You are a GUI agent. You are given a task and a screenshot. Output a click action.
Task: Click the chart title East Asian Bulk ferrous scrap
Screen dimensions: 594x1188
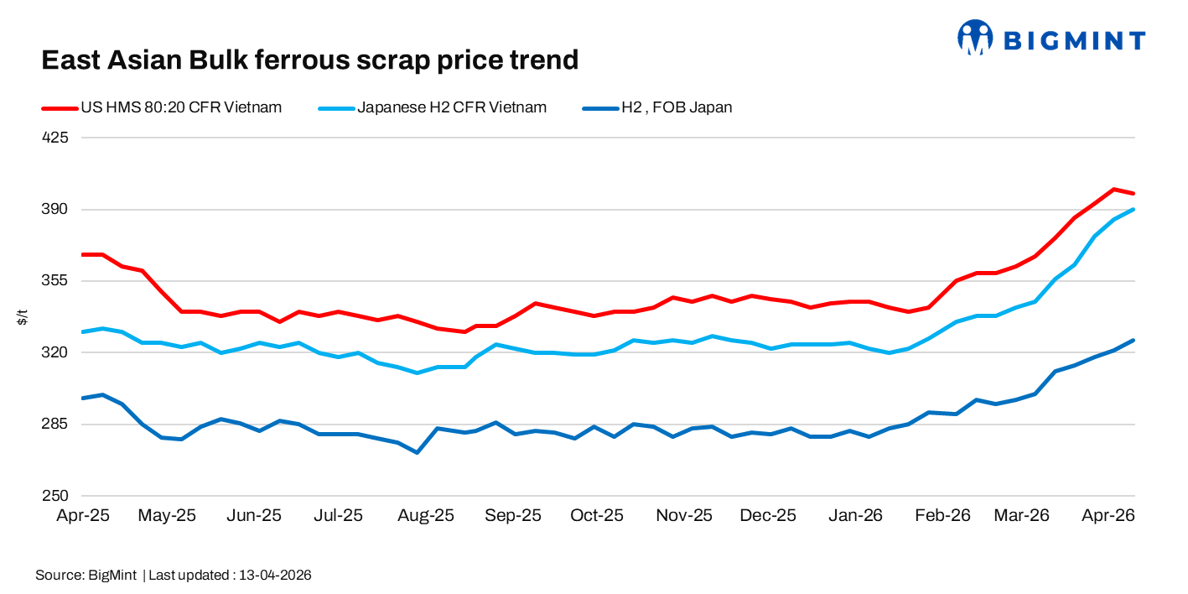click(309, 60)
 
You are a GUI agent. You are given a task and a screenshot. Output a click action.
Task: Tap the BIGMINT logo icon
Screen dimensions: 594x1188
click(975, 38)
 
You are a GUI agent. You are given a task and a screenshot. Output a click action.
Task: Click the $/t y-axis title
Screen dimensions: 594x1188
click(22, 317)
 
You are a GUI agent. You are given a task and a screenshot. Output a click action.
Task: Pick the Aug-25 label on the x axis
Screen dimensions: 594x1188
click(426, 515)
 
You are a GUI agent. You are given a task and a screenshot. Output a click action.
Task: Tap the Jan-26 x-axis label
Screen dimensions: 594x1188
click(855, 515)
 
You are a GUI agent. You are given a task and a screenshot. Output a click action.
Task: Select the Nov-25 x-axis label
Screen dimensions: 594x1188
click(683, 515)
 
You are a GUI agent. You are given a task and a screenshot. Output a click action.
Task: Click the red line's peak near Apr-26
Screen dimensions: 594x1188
click(1113, 190)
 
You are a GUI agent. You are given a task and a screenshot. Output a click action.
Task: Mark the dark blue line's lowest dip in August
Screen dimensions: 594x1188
click(417, 452)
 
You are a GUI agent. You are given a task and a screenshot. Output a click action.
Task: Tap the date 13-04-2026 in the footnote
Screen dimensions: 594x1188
click(275, 576)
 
